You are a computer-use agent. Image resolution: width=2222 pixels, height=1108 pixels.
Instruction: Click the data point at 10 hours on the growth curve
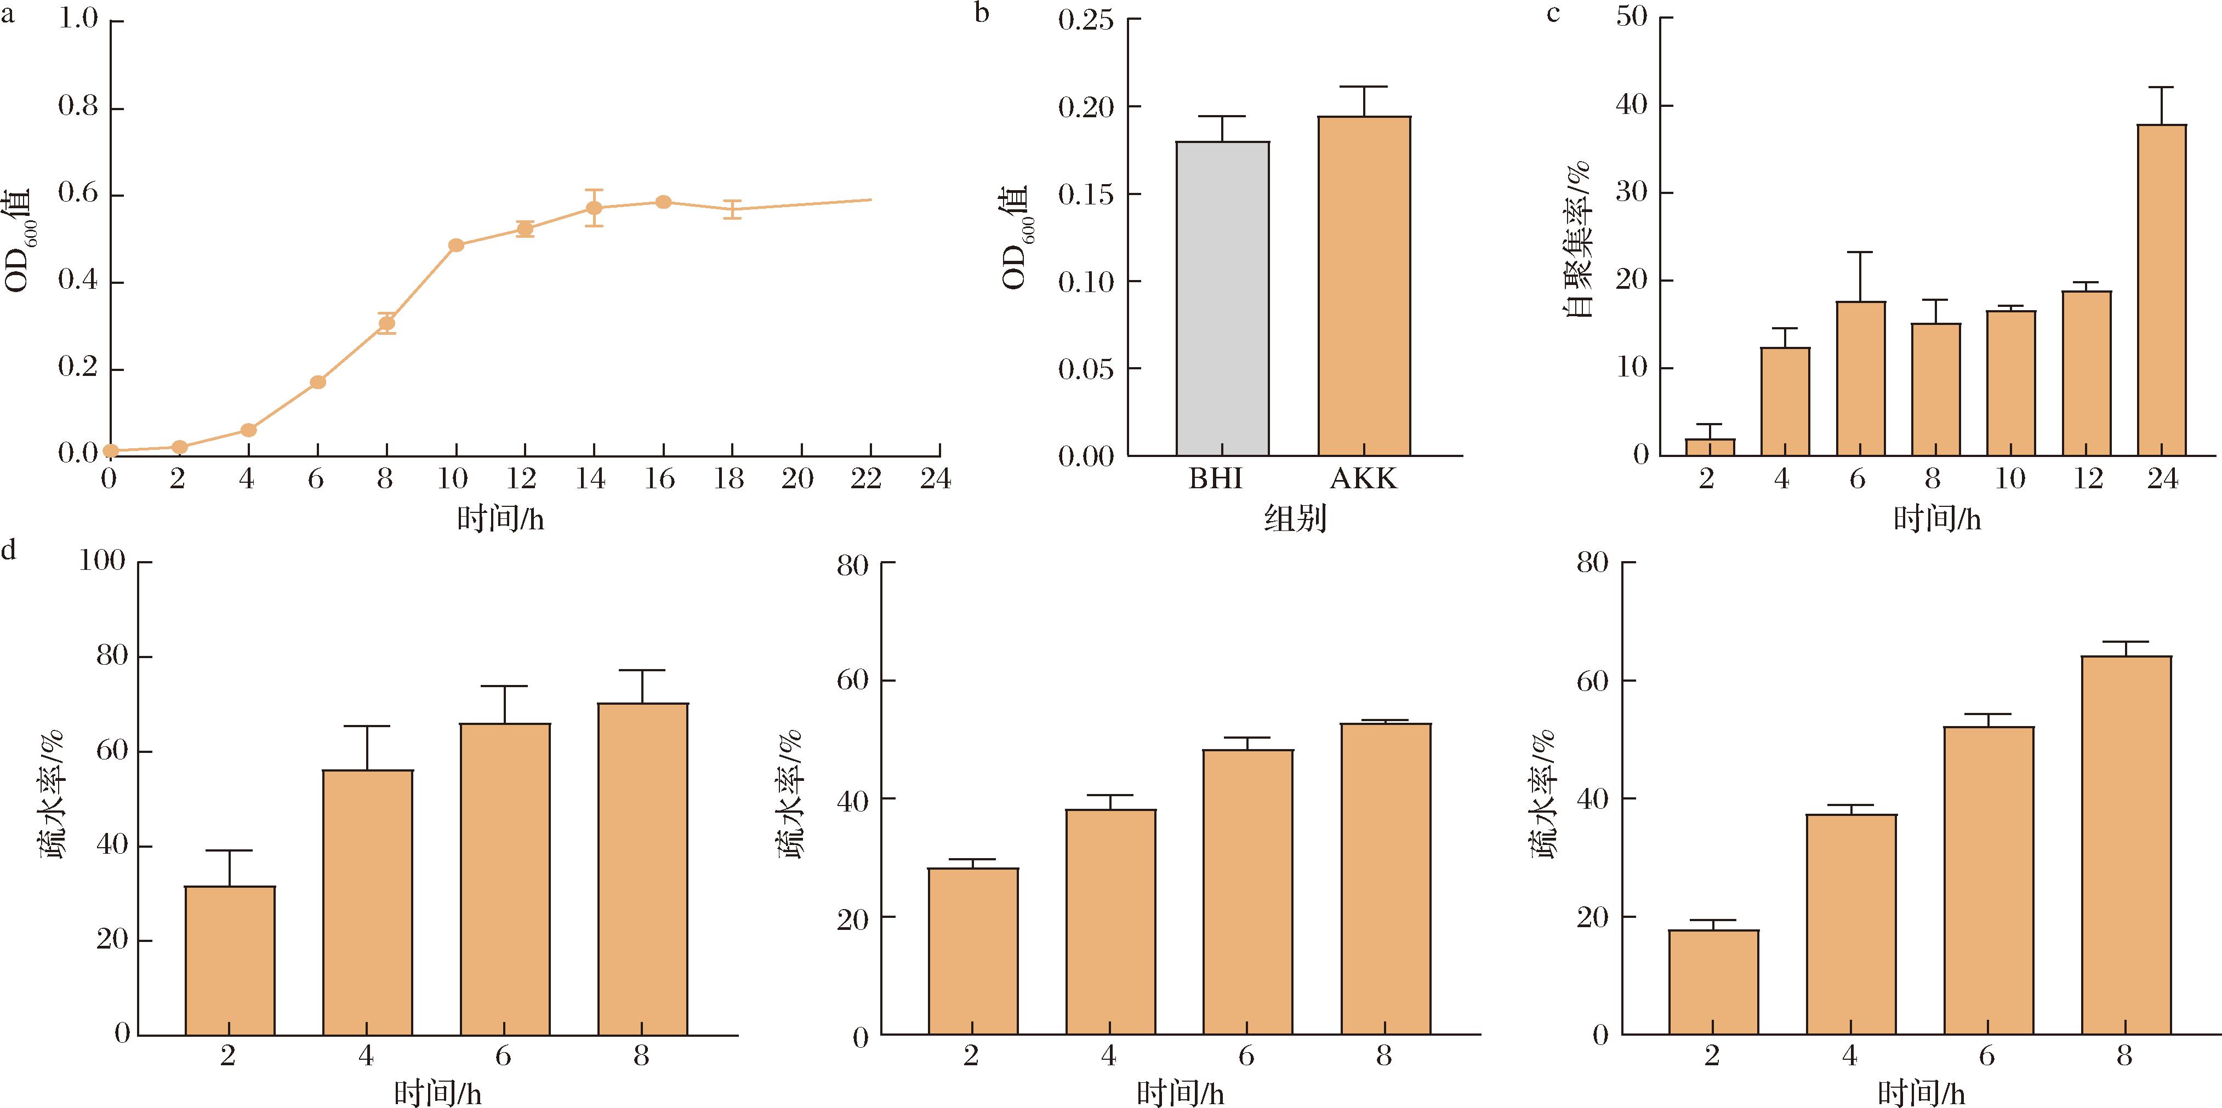[x=457, y=245]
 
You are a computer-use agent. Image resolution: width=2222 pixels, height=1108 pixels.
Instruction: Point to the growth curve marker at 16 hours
[x=663, y=202]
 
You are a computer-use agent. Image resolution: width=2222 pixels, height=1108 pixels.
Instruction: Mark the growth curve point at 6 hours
[x=317, y=382]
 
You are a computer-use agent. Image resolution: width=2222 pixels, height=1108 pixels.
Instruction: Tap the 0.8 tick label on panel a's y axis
[x=78, y=108]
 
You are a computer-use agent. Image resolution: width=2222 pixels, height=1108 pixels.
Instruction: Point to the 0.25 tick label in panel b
[x=1086, y=19]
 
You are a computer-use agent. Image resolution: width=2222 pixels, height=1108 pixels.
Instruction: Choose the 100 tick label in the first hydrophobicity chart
[x=102, y=561]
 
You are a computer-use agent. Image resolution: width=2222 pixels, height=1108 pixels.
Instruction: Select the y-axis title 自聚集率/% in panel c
[x=1579, y=238]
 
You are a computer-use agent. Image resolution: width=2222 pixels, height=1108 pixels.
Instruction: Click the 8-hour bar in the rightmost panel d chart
[x=2126, y=845]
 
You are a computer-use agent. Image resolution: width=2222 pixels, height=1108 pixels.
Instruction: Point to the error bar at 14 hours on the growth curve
[x=594, y=208]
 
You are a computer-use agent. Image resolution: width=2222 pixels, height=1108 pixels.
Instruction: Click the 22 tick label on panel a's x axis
[x=866, y=478]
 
